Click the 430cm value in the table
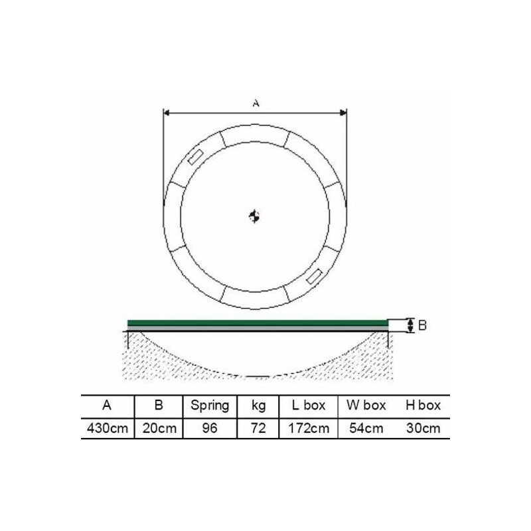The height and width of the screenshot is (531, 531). [x=108, y=428]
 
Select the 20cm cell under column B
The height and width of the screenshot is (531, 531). [x=159, y=428]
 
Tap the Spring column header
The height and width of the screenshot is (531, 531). [x=210, y=406]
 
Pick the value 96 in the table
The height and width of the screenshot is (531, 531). [x=210, y=428]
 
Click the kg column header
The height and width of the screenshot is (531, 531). [x=258, y=406]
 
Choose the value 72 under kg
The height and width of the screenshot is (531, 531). [x=258, y=428]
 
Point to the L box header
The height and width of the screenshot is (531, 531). [x=309, y=406]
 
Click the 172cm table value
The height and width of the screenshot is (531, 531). [x=309, y=428]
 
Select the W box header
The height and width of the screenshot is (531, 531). [x=366, y=406]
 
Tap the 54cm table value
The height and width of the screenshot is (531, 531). [x=366, y=428]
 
